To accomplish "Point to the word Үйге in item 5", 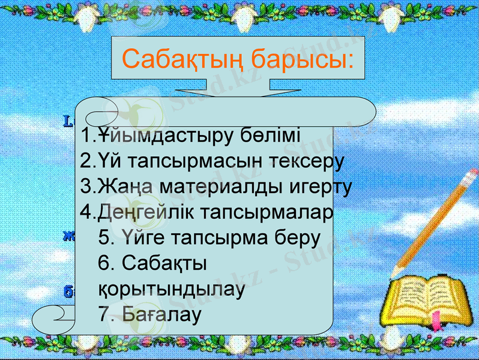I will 145,238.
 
